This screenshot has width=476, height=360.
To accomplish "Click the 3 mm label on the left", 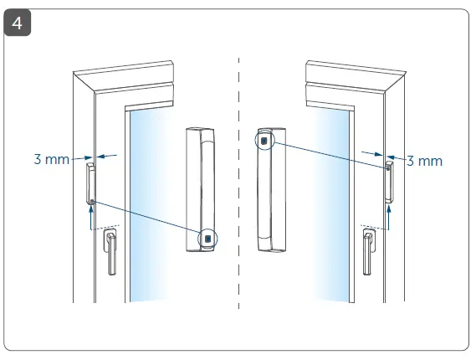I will point(51,158).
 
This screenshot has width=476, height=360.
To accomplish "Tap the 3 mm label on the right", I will point(424,160).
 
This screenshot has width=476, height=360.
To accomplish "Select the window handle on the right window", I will point(367,251).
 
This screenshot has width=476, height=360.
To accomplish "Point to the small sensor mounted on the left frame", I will point(90,183).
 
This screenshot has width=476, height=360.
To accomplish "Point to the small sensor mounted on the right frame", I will point(388,182).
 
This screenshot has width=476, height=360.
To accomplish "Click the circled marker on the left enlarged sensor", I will point(207,239).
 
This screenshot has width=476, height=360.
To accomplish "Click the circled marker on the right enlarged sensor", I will point(264,141).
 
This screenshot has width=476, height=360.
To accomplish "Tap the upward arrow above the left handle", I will point(90,217).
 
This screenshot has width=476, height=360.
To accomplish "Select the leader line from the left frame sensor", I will point(146,219).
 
